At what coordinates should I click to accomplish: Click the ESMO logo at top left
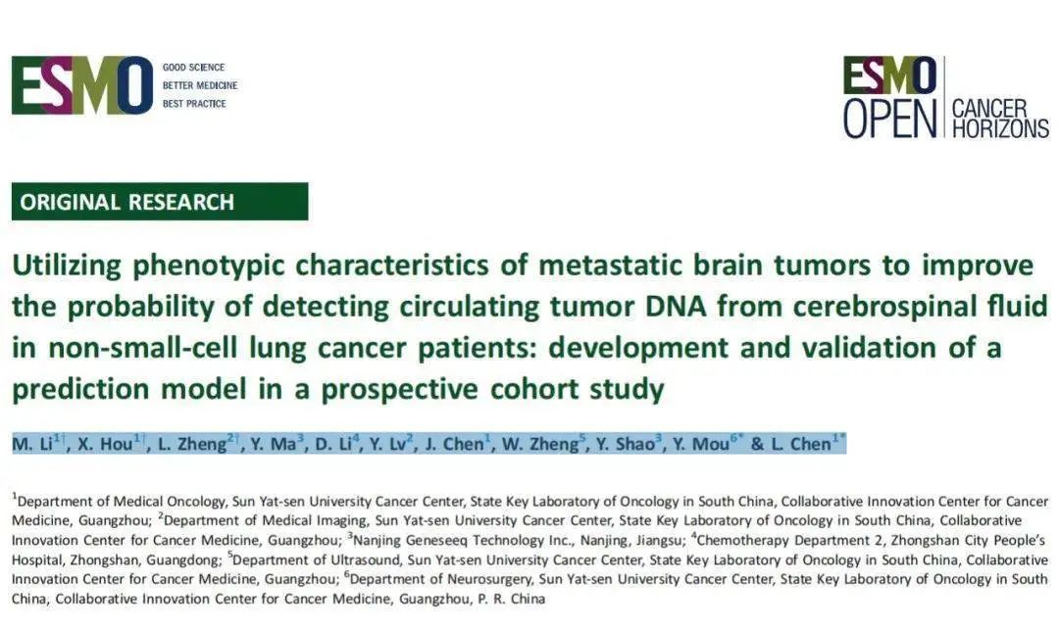82,85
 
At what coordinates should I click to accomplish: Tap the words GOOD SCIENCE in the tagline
193,68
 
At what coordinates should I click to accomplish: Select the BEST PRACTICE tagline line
194,104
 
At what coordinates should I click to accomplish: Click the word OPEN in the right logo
890,119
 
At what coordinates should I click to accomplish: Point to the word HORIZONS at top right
1000,128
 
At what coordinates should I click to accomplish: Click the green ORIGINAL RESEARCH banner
160,202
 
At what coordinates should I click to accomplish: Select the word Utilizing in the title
67,266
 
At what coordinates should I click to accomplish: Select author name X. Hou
105,444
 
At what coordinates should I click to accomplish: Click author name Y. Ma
273,444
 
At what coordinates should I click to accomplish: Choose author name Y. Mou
701,444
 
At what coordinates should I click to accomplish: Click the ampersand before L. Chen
757,444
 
